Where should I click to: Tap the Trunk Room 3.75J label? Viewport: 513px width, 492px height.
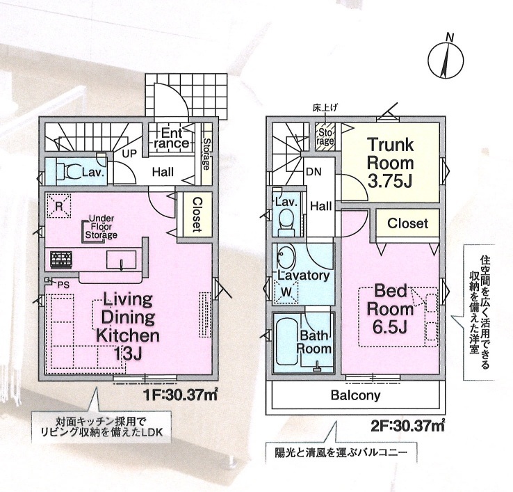tap(390, 163)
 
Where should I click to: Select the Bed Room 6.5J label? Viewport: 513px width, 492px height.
tap(390, 309)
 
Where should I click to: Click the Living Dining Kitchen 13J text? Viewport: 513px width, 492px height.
tap(128, 326)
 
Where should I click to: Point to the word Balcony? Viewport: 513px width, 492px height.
tap(355, 395)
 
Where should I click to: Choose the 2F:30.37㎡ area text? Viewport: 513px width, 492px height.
tap(408, 425)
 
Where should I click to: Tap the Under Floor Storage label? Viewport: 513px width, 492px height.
tap(101, 227)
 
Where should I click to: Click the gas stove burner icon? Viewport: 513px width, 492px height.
tap(61, 260)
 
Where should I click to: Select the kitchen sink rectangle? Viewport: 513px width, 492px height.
tap(121, 260)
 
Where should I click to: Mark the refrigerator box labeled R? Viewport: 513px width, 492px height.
tap(59, 206)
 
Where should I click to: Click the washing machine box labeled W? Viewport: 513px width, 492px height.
tap(286, 292)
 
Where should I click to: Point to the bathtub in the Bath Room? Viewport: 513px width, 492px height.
tap(287, 341)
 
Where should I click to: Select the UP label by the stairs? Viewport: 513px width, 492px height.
tap(129, 153)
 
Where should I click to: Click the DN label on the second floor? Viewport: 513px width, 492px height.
tap(313, 172)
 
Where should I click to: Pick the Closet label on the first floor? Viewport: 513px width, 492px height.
tap(197, 214)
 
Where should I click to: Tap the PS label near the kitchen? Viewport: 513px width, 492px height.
tap(63, 285)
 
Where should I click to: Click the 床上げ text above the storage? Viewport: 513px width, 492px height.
tap(325, 107)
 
